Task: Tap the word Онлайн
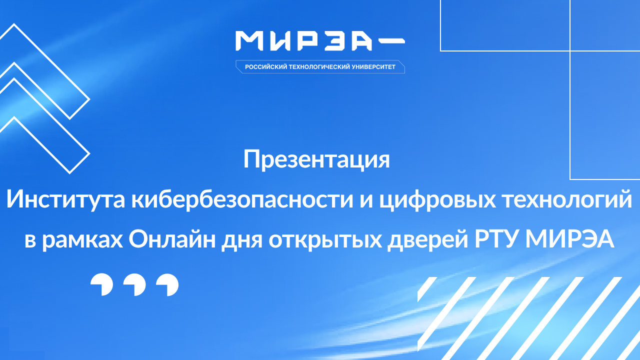coord(168,240)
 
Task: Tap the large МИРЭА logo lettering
coord(304,41)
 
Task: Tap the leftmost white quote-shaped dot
coord(101,285)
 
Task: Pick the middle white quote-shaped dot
coord(134,285)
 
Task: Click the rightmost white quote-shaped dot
coord(167,285)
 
